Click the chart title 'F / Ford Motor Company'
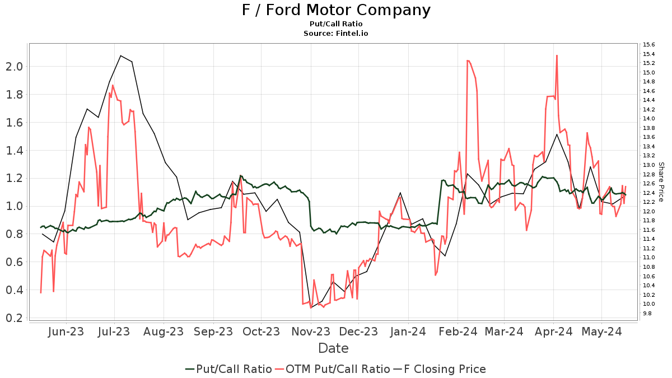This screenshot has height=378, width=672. (x=336, y=10)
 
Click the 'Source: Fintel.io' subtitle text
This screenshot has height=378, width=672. (x=336, y=34)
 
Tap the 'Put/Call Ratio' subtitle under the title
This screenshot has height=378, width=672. (x=336, y=24)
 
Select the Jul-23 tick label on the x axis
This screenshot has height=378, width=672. (x=115, y=332)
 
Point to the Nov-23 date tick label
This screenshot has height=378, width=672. (x=310, y=332)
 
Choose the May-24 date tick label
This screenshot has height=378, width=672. (x=601, y=332)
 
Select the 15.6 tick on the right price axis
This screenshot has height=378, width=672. (x=650, y=45)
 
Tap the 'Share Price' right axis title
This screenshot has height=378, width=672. (x=661, y=182)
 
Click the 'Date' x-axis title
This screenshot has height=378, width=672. (x=333, y=348)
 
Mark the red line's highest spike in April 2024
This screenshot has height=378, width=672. (x=557, y=55)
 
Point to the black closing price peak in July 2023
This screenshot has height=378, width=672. (x=120, y=55)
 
